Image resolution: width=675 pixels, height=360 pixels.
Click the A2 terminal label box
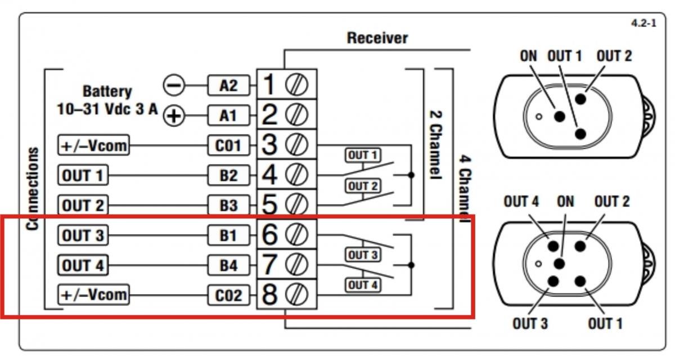(x=228, y=85)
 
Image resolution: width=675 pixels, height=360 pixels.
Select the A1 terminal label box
(x=228, y=116)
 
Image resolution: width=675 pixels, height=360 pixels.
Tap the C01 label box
(x=228, y=146)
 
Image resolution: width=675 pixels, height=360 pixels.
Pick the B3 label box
(x=228, y=206)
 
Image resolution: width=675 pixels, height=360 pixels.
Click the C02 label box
(x=228, y=295)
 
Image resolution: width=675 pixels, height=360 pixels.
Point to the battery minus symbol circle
(x=174, y=85)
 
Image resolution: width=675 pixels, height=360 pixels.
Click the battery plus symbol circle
(x=174, y=116)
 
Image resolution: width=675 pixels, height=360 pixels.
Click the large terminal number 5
(x=270, y=205)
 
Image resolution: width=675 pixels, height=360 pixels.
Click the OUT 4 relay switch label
(x=363, y=285)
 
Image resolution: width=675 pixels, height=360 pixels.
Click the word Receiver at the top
(x=377, y=38)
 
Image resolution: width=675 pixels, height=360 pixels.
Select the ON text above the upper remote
(x=528, y=56)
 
